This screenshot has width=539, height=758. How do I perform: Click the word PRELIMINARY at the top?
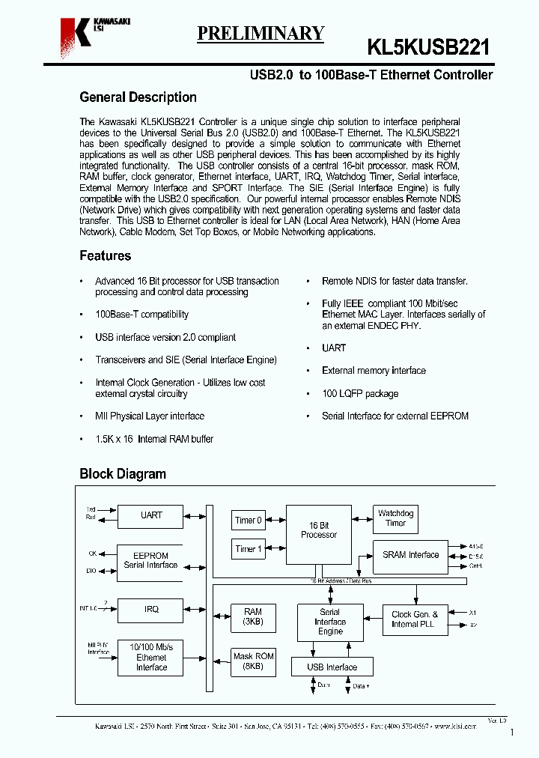261,33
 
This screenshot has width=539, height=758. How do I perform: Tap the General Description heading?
138,97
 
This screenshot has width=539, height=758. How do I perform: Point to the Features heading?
105,256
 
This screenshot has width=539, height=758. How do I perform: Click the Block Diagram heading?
123,474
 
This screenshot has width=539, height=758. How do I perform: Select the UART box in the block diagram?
150,515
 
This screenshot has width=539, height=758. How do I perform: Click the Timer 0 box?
249,520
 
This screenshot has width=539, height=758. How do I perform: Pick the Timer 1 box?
249,549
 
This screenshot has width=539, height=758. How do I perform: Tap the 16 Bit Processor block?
318,534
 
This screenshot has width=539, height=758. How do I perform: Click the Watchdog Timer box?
395,518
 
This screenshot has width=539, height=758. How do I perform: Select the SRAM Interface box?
410,555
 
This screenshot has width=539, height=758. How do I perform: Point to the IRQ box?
150,609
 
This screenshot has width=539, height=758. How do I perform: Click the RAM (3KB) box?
253,616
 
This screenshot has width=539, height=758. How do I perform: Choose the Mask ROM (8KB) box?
253,661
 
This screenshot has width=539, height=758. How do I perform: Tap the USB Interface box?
332,667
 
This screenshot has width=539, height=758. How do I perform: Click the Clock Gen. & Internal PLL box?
414,619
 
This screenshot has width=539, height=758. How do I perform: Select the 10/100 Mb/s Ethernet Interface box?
150,657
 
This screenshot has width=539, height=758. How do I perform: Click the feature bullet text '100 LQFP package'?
360,394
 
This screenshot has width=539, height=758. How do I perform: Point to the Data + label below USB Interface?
362,685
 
